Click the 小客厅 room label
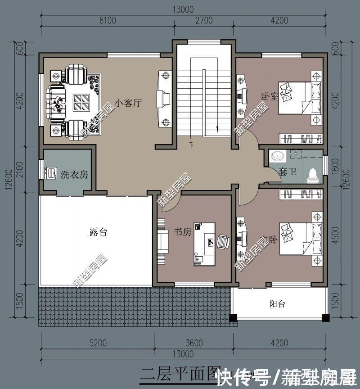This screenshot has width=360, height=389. click(x=128, y=103)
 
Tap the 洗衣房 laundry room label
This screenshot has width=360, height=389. click(x=74, y=175)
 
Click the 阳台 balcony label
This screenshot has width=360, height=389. click(x=278, y=303)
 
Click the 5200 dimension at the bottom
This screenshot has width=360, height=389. click(x=98, y=343)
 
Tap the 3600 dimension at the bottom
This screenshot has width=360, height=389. click(x=194, y=343)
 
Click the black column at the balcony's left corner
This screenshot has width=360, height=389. click(x=233, y=317)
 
